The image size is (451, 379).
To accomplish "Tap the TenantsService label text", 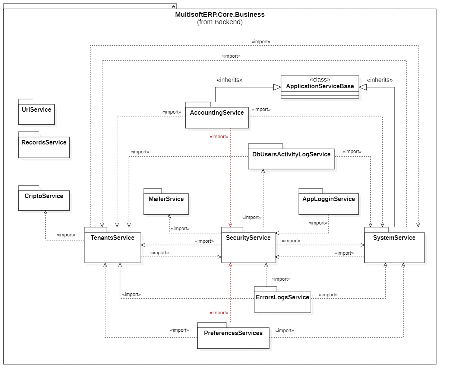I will pyautogui.click(x=113, y=238).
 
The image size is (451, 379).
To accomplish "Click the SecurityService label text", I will pyautogui.click(x=248, y=238).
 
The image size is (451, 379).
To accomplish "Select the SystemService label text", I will pyautogui.click(x=394, y=238).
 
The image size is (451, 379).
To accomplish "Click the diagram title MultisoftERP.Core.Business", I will pyautogui.click(x=220, y=15).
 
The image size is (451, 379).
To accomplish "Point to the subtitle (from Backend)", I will pyautogui.click(x=220, y=22).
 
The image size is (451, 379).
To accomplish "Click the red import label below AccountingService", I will pyautogui.click(x=219, y=137).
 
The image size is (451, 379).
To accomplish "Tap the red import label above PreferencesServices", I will pyautogui.click(x=219, y=313).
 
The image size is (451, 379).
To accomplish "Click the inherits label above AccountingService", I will pyautogui.click(x=230, y=80).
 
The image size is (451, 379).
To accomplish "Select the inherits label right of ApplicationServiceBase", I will pyautogui.click(x=380, y=80).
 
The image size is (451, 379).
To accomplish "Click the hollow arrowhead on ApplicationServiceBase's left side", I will pyautogui.click(x=277, y=87).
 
